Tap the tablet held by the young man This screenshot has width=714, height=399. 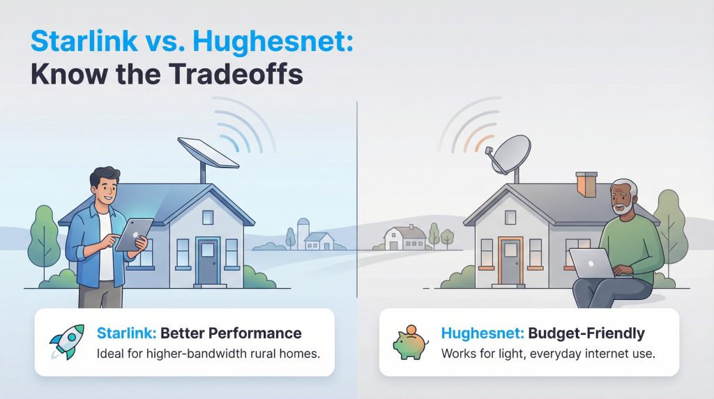pyautogui.click(x=132, y=234)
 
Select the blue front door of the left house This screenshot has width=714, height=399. pyautogui.click(x=207, y=261)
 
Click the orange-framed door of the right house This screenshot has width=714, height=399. pyautogui.click(x=510, y=260)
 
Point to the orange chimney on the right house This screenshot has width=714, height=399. pyautogui.click(x=586, y=183)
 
